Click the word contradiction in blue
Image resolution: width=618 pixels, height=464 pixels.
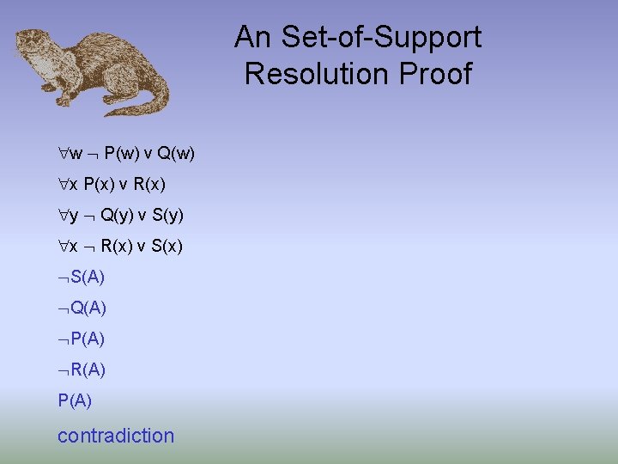click(x=116, y=436)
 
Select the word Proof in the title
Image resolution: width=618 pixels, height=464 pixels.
click(x=441, y=73)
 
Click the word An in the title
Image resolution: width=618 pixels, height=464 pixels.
click(x=253, y=37)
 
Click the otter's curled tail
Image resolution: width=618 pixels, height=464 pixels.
click(x=146, y=101)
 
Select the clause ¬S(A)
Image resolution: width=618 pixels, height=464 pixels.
click(x=82, y=277)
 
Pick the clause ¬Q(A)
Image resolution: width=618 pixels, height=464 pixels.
click(x=82, y=308)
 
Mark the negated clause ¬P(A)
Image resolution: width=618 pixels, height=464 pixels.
click(x=82, y=339)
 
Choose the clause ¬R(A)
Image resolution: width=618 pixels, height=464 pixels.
click(x=82, y=369)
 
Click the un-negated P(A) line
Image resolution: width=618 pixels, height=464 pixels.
click(x=75, y=400)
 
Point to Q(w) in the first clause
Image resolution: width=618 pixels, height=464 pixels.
click(x=177, y=154)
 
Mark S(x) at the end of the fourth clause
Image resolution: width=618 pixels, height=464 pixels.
click(x=167, y=247)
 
